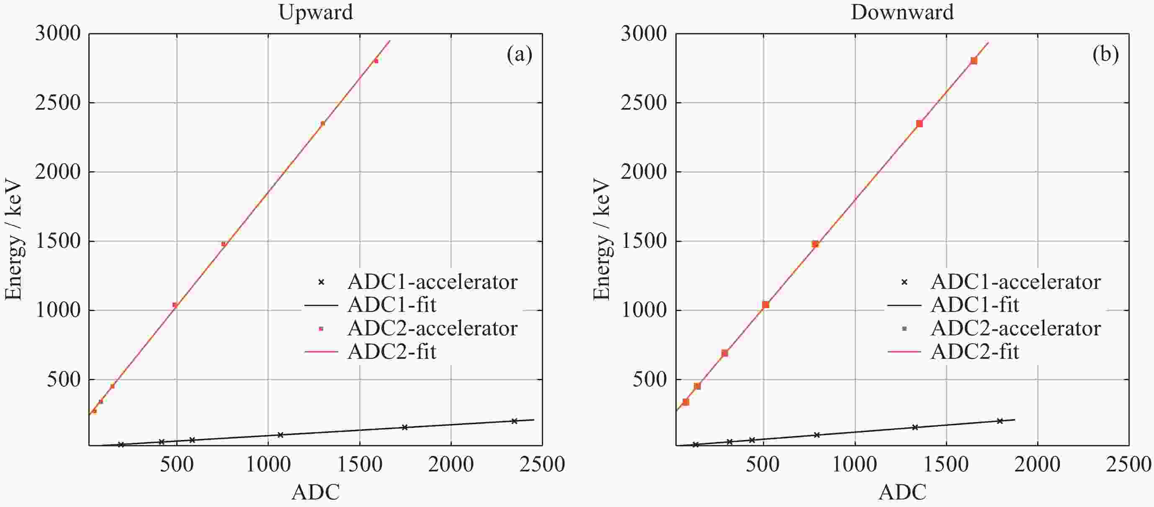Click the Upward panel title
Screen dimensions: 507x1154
click(315, 12)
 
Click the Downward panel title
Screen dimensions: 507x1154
click(902, 12)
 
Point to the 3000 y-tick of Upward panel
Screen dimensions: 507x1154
click(58, 33)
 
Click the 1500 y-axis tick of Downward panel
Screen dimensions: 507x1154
click(643, 242)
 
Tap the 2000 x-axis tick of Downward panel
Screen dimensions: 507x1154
click(1037, 464)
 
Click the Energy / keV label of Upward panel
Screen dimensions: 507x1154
click(13, 239)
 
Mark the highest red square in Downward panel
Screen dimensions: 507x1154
click(974, 61)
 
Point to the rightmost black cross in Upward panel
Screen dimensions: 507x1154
click(514, 421)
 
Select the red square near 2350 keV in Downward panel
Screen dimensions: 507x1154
click(919, 124)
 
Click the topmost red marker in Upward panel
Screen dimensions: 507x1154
click(376, 61)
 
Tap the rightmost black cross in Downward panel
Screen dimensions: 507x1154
click(999, 421)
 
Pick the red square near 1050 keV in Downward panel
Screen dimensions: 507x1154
click(765, 304)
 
